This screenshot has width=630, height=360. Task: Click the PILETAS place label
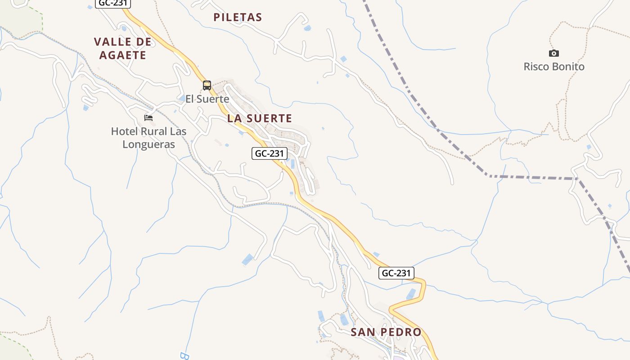[238, 18]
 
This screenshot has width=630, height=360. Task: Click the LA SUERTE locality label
[260, 118]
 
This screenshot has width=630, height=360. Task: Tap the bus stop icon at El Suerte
[207, 85]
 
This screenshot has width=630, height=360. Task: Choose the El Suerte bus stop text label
[207, 99]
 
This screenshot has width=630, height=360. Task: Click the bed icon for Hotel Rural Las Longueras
[148, 118]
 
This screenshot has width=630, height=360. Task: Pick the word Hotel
[125, 132]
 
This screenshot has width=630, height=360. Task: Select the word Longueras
[148, 144]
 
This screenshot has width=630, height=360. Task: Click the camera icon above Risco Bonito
[554, 53]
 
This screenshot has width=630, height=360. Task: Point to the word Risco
[536, 67]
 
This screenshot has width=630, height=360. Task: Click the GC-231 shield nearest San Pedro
[396, 273]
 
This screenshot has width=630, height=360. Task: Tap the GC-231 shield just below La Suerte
[269, 153]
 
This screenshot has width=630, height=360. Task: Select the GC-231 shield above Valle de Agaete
[113, 3]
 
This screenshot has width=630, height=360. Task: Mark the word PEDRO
[401, 332]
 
